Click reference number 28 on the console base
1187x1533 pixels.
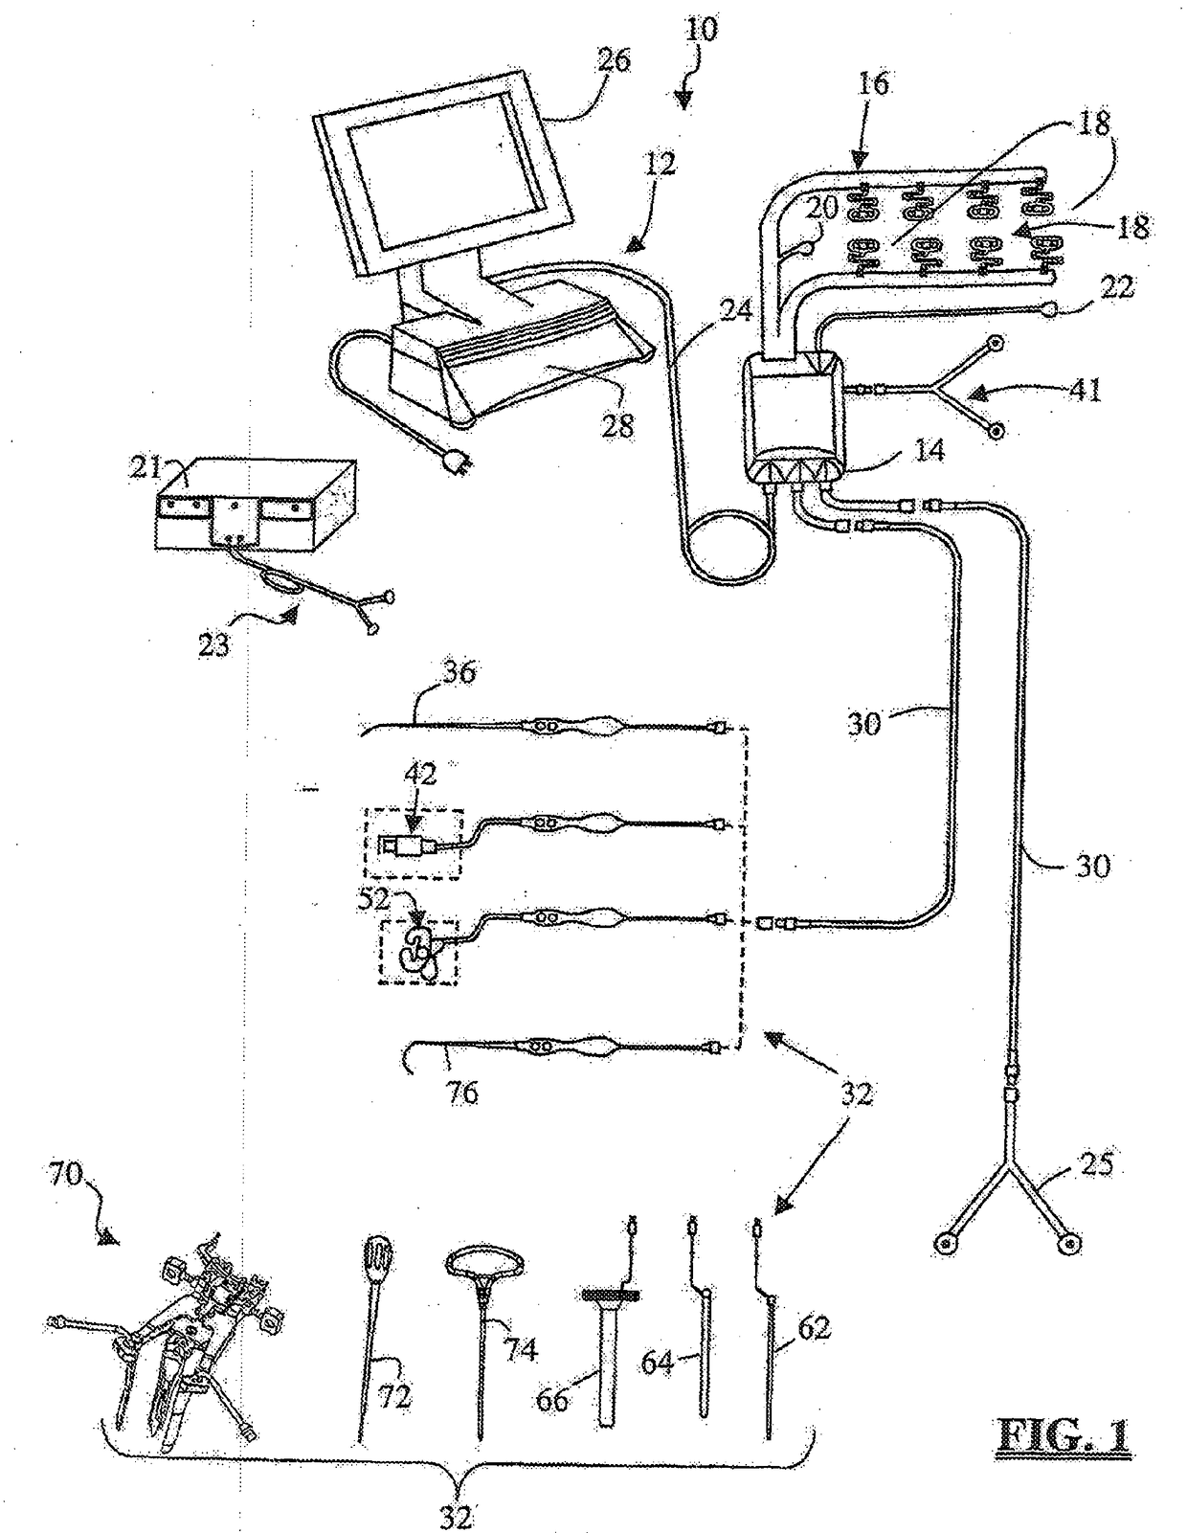point(619,425)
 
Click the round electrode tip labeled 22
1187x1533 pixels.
point(1051,310)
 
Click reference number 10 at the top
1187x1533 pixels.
point(701,29)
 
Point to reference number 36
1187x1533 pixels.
point(459,673)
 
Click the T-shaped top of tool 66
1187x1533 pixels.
point(610,1296)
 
